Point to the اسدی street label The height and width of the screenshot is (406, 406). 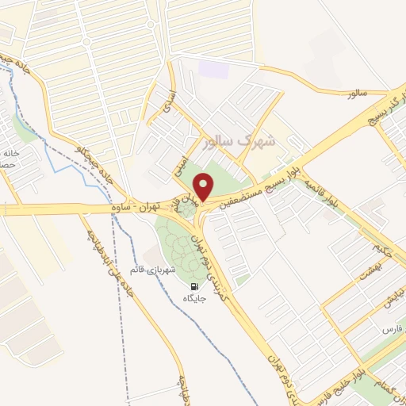pos(167,110)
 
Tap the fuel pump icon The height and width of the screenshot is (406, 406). pos(194,285)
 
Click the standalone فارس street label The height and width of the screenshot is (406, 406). pos(390,328)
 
